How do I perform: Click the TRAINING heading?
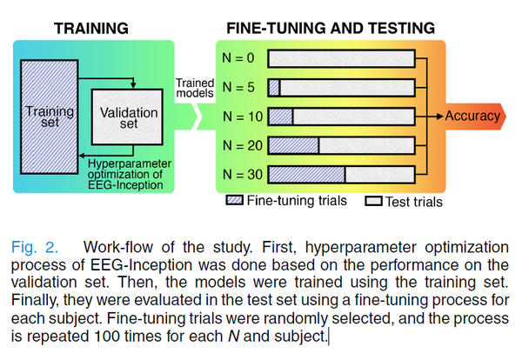(x=91, y=27)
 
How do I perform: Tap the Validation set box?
(x=127, y=117)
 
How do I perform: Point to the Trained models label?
(x=195, y=87)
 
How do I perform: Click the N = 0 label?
(x=239, y=59)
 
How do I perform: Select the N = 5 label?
(x=239, y=88)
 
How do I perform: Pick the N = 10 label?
(x=241, y=117)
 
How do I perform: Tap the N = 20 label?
(x=241, y=145)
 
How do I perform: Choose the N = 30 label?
(x=241, y=174)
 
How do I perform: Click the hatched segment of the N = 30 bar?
(x=306, y=174)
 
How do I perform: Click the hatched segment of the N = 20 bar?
(x=293, y=145)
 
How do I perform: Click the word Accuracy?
(x=472, y=116)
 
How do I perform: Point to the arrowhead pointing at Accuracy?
(x=438, y=116)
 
